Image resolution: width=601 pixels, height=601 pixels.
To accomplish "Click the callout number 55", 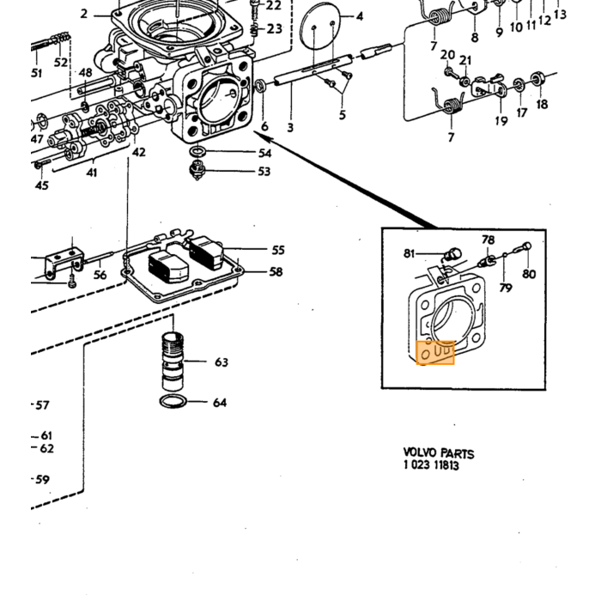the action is point(278,251).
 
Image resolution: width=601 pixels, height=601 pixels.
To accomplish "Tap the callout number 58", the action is point(276,272).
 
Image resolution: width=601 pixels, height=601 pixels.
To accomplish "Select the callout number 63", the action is point(222,361).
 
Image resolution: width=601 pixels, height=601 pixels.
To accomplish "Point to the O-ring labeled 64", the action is point(173,401).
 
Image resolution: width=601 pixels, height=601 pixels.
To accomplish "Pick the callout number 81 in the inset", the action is point(410,254).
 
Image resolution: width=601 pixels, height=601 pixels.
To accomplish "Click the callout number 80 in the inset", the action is point(529,274).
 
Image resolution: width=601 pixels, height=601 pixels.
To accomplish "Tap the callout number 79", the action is point(506,288).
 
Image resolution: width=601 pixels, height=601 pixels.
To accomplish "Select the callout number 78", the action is point(488,240).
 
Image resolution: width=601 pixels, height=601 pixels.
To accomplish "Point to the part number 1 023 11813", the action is point(431,465).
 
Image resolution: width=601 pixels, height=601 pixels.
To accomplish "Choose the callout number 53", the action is point(264,171).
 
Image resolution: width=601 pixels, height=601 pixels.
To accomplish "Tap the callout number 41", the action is point(92,173).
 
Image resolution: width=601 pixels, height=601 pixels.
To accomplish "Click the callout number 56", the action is point(100,275).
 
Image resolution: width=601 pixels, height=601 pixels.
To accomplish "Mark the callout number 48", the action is point(86,72).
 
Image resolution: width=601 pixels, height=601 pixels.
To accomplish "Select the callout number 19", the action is point(501,121).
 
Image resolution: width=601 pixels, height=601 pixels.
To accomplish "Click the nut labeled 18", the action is point(537,79).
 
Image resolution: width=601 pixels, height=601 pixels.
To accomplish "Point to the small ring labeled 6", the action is point(261,86).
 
